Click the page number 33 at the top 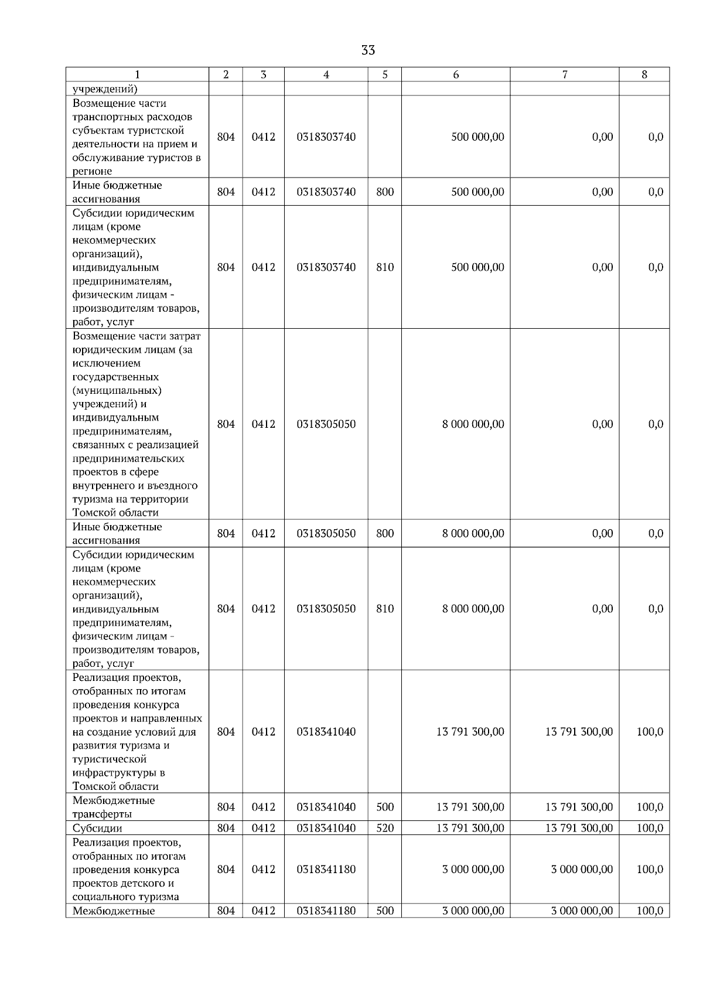pos(368,50)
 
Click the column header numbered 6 pos(456,74)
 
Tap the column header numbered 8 pos(644,74)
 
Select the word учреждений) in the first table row pos(105,89)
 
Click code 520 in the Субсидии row pos(385,828)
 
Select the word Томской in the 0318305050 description pos(91,513)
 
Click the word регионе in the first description pos(92,171)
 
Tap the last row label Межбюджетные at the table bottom pos(113,911)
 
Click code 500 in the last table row pos(385,911)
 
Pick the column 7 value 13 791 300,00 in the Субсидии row pos(579,828)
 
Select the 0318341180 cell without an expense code pos(326,870)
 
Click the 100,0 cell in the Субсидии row pos(650,828)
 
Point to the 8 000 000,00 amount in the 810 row pos(473,609)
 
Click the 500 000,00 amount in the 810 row pos(477,267)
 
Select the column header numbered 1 pos(137,74)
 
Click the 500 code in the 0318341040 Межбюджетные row pos(385,807)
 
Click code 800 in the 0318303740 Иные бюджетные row pos(385,192)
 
